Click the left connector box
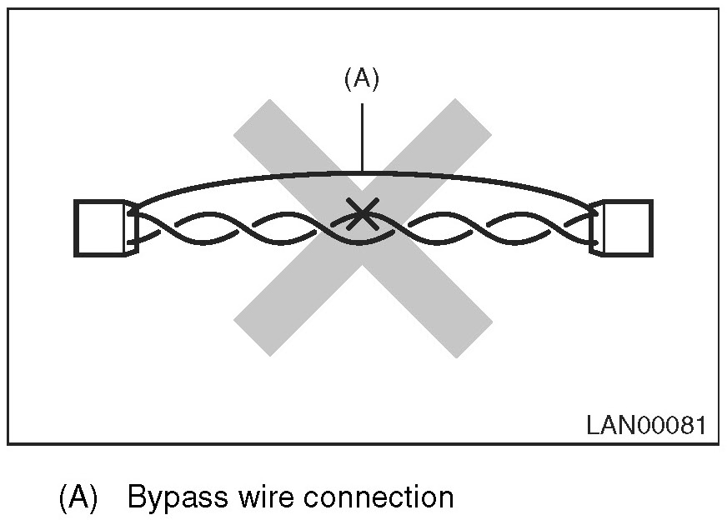point(99,227)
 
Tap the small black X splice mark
point(360,214)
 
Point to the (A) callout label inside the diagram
point(361,78)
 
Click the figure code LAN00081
point(645,426)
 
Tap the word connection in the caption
point(379,497)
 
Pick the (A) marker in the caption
point(78,497)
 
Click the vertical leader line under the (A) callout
point(362,133)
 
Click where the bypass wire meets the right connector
point(594,207)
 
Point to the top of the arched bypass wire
point(362,173)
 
